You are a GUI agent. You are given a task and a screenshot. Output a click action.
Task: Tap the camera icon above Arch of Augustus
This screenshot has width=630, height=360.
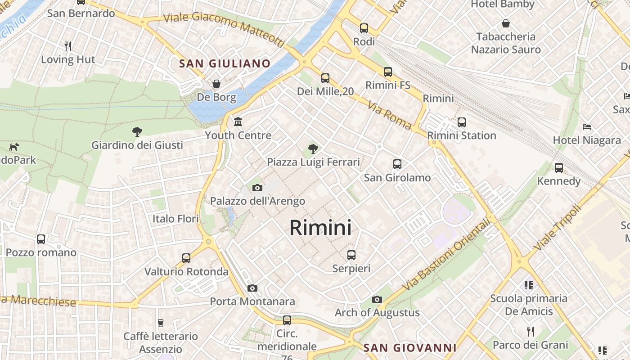point(377,299)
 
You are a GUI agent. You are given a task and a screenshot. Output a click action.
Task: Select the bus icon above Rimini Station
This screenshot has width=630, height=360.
point(461,122)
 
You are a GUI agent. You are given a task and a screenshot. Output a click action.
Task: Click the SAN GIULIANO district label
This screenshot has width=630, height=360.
point(225,63)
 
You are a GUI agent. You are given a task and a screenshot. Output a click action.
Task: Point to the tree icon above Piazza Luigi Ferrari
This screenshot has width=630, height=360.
point(313,148)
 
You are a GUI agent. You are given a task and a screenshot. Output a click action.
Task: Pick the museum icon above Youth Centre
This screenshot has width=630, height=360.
point(238,121)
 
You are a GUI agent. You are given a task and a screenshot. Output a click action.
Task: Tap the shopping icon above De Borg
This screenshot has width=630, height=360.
point(216,84)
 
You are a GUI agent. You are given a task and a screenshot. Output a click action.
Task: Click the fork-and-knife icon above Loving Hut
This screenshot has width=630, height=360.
point(68,46)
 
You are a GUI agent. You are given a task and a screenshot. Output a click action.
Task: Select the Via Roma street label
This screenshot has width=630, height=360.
point(389,115)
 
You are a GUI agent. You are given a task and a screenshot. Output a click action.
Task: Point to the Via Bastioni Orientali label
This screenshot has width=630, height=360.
point(445,254)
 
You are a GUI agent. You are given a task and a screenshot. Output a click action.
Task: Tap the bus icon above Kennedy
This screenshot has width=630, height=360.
point(559,167)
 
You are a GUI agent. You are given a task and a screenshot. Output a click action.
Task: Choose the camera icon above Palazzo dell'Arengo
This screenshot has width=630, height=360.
point(257,188)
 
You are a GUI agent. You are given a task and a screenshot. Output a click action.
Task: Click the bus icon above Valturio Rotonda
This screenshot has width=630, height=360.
point(186,258)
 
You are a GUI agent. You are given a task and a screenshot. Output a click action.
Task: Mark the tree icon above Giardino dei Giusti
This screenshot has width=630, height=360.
point(137,131)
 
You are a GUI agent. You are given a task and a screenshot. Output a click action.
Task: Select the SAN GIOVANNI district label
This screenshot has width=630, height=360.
point(409,348)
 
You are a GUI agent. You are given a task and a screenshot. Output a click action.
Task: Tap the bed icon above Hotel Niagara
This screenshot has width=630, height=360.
point(587,127)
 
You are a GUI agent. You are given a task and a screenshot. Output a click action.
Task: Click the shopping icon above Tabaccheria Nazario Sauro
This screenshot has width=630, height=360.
point(506,23)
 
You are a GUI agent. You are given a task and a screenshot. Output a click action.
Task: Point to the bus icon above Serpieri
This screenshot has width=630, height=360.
point(351,255)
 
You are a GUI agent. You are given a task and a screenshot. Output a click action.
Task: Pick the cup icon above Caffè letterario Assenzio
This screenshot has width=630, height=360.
point(160,323)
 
